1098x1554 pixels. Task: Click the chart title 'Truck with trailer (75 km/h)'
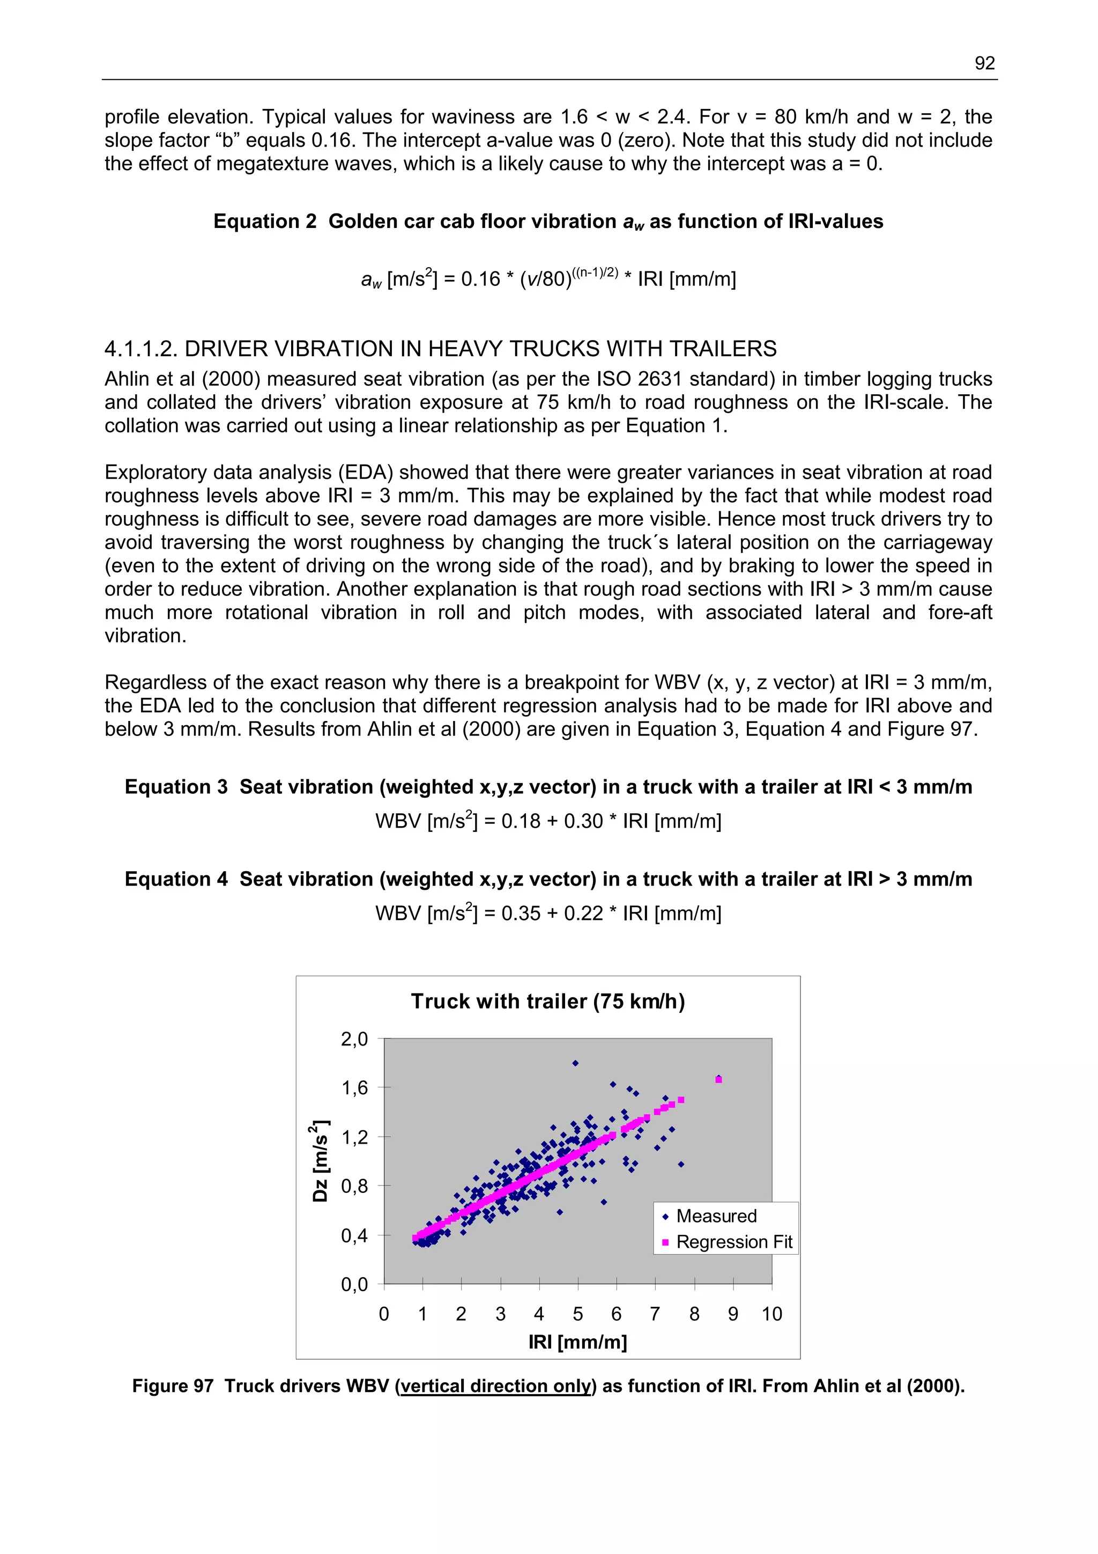547,1001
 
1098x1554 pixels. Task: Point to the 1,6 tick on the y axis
354,1088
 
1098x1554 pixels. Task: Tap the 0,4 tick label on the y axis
354,1235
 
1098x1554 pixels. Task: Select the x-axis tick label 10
771,1314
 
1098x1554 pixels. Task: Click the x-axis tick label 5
578,1314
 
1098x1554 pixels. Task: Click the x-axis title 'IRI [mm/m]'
578,1342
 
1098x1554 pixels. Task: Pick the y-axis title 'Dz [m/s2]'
320,1161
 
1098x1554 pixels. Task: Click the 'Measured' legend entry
716,1216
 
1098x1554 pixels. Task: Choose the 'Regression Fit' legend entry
733,1242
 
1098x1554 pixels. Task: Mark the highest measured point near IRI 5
575,1063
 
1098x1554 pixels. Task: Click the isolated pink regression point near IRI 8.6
718,1080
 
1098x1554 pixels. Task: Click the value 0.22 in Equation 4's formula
583,914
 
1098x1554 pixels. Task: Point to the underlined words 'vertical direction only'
496,1386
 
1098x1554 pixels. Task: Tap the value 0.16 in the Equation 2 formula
480,279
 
